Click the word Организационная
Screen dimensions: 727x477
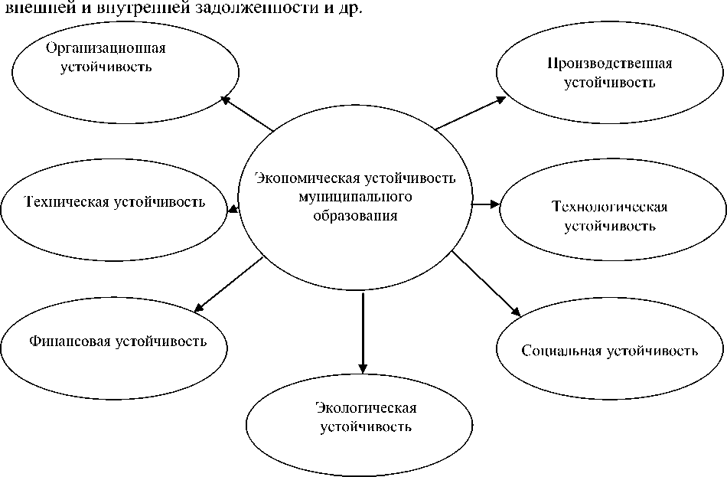pyautogui.click(x=106, y=48)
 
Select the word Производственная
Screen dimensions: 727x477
pyautogui.click(x=609, y=63)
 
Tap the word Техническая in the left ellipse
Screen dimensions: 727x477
pyautogui.click(x=67, y=203)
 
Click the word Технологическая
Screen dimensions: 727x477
pyautogui.click(x=609, y=207)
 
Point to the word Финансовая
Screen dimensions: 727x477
pyautogui.click(x=70, y=341)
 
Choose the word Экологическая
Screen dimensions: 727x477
pyautogui.click(x=366, y=407)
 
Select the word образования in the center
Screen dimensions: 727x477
pyautogui.click(x=356, y=216)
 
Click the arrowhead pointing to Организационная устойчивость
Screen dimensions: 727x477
pyautogui.click(x=225, y=97)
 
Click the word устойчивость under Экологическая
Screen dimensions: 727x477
pyautogui.click(x=366, y=426)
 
